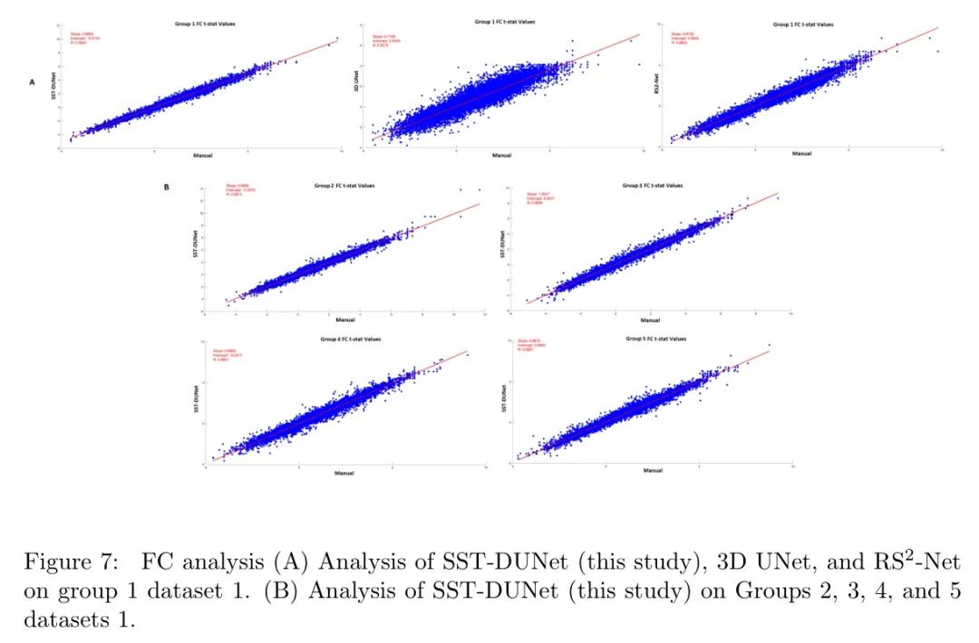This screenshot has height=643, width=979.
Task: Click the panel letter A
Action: click(x=33, y=82)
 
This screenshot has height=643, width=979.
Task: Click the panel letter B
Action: click(x=167, y=187)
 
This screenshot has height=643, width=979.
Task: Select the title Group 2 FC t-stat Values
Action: click(x=345, y=185)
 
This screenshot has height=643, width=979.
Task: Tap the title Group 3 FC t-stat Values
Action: click(x=653, y=185)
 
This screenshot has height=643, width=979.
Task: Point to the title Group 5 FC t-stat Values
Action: click(x=655, y=338)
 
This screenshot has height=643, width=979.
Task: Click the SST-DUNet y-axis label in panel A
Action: click(x=51, y=88)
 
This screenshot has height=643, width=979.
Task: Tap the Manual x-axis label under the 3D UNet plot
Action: click(x=501, y=155)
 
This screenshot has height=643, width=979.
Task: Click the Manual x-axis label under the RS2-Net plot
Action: click(x=801, y=153)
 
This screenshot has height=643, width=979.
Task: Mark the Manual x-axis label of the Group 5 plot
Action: click(x=653, y=471)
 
